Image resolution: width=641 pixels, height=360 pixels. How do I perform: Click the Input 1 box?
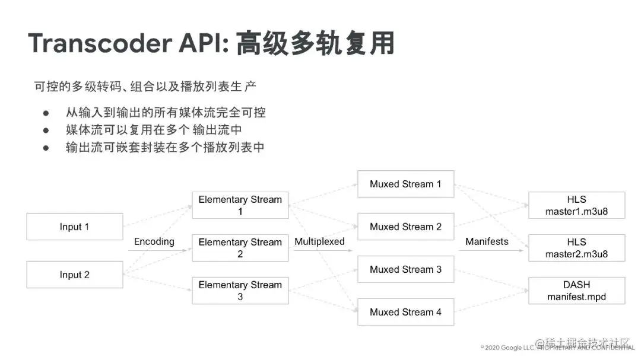[x=74, y=227]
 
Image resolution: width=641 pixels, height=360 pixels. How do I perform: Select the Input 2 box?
[x=74, y=275]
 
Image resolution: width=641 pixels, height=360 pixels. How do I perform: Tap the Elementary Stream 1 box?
[x=240, y=205]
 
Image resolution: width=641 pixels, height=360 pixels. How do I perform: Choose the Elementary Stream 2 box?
[x=240, y=248]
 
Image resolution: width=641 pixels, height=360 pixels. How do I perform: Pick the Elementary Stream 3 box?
[x=240, y=291]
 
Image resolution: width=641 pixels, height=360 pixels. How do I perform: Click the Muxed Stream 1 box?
[x=405, y=184]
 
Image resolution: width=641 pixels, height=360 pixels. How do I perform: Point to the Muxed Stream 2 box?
[x=405, y=227]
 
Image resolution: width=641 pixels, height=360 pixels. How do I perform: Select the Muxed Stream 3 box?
[x=405, y=269]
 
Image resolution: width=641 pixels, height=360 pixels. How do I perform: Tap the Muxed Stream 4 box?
[x=405, y=312]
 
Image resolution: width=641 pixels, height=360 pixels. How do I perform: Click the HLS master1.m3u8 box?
[x=576, y=205]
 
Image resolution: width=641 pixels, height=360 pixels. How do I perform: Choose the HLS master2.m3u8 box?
[x=576, y=248]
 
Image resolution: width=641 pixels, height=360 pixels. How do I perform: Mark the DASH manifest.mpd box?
[x=576, y=291]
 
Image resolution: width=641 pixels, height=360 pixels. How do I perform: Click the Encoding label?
[x=154, y=241]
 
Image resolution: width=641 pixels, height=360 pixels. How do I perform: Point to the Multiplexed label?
[x=319, y=241]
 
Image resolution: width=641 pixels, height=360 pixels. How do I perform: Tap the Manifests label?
[x=487, y=241]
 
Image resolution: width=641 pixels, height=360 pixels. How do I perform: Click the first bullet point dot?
[x=45, y=113]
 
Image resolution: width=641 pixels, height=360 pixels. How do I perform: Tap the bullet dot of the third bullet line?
[x=45, y=148]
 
